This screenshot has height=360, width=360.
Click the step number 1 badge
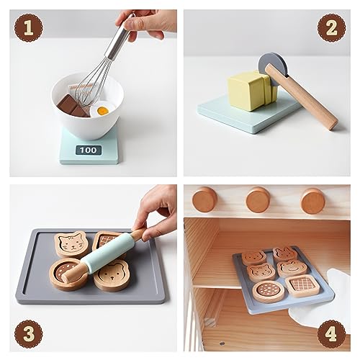[28, 29]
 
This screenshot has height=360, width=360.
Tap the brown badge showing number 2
[331, 28]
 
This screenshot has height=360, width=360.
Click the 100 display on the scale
[87, 150]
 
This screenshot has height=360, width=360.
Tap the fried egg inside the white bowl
[104, 110]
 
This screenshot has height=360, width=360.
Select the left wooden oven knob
[204, 199]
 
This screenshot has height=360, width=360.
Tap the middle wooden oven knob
[258, 199]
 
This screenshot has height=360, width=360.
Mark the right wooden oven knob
[312, 199]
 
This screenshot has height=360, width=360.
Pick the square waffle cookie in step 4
[302, 284]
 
